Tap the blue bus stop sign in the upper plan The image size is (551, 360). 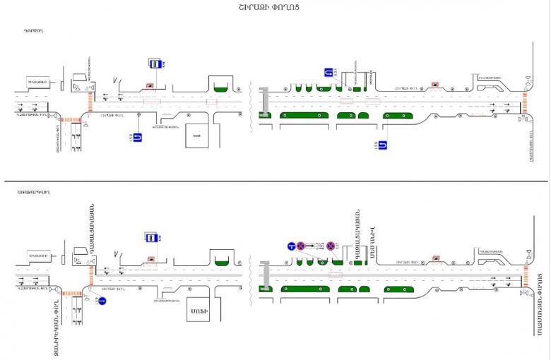pos(153,63)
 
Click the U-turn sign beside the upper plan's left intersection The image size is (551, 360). pos(137,137)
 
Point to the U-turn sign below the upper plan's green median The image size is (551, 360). pos(382,145)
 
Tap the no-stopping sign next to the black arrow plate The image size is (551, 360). pos(300,246)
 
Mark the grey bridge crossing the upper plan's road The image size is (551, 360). pos(264,102)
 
